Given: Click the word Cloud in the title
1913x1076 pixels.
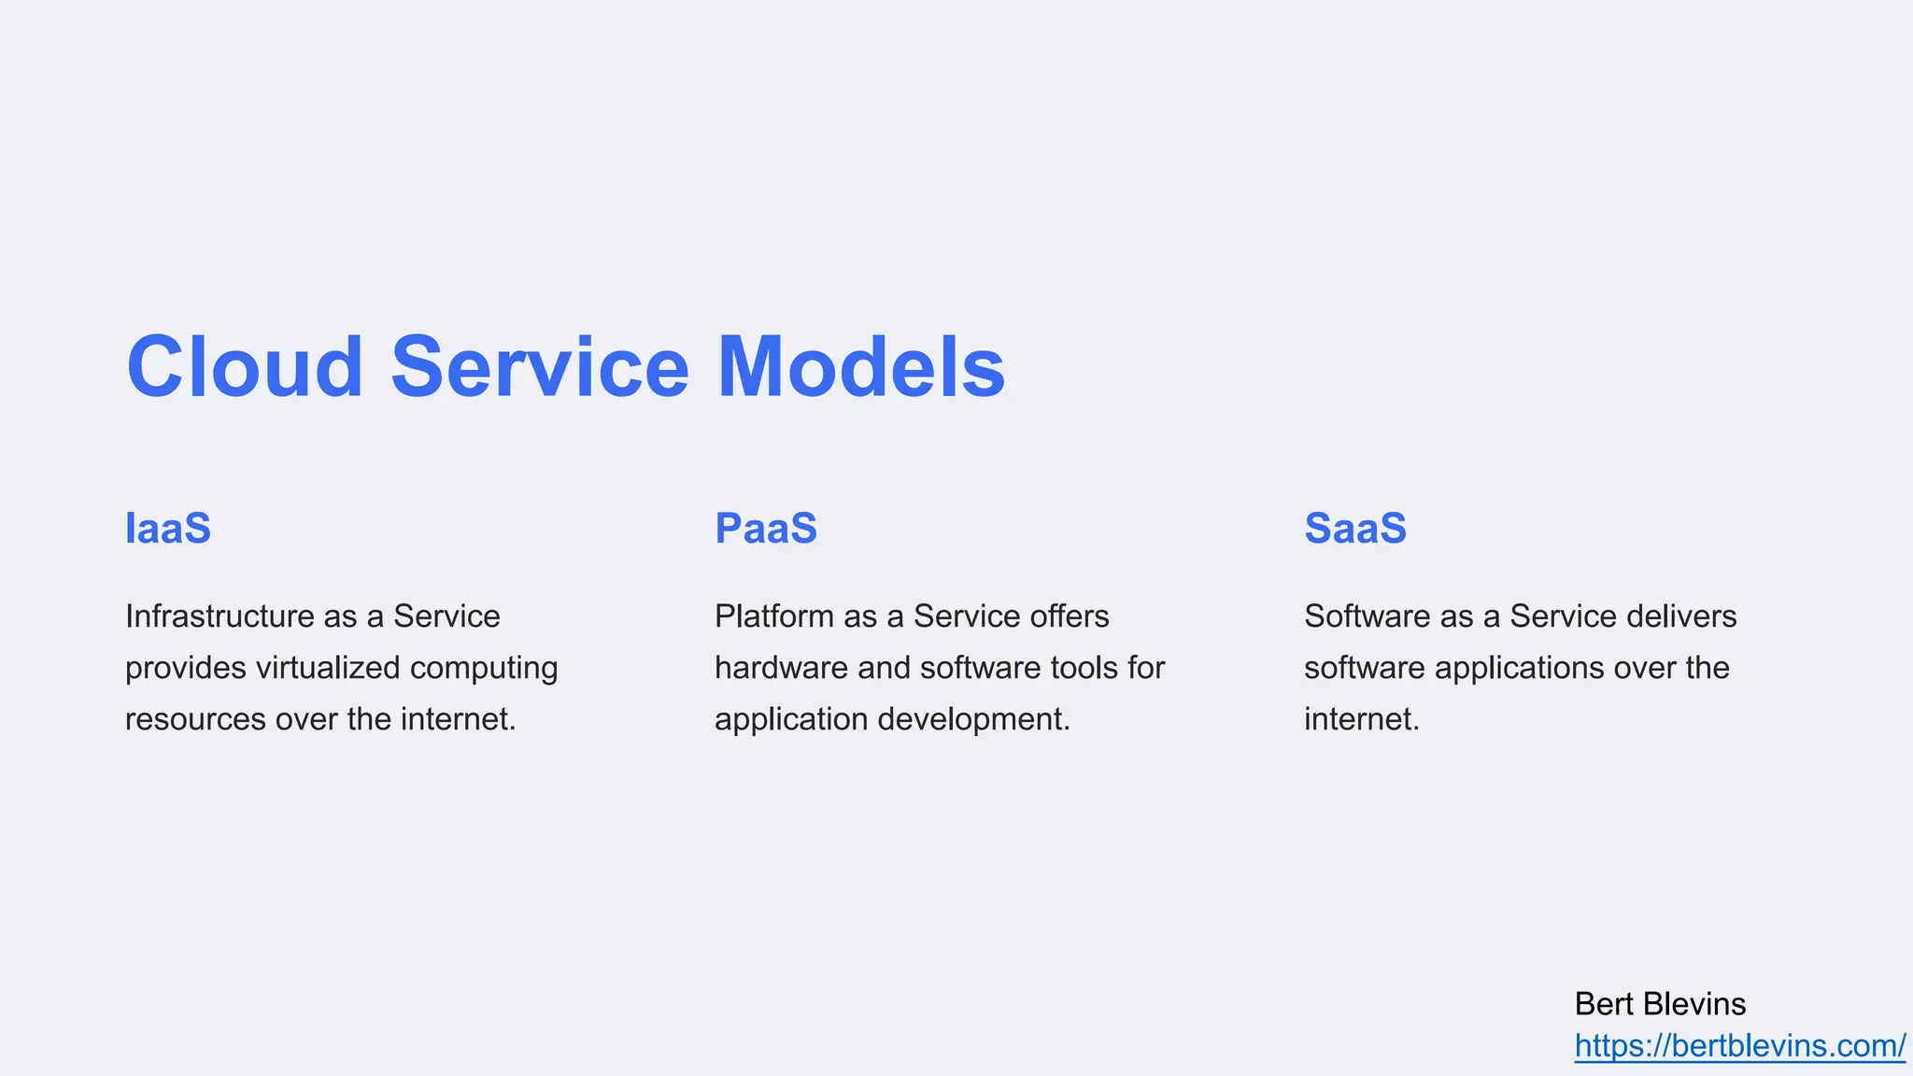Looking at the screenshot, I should pos(245,367).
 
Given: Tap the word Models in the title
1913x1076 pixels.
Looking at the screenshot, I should pos(860,367).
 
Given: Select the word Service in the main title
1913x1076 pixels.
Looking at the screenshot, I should pos(540,367).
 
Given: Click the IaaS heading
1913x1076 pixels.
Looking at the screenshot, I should pos(168,529).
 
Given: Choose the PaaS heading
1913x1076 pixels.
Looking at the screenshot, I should pos(766,529).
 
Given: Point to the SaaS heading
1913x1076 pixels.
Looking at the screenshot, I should pos(1355,529).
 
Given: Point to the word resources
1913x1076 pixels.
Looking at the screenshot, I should pos(195,719).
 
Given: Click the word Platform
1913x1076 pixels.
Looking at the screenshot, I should pos(774,616).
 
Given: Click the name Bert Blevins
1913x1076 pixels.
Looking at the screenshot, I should pos(1660,1004).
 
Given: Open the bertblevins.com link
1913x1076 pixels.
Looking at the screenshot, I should pos(1739,1046).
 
